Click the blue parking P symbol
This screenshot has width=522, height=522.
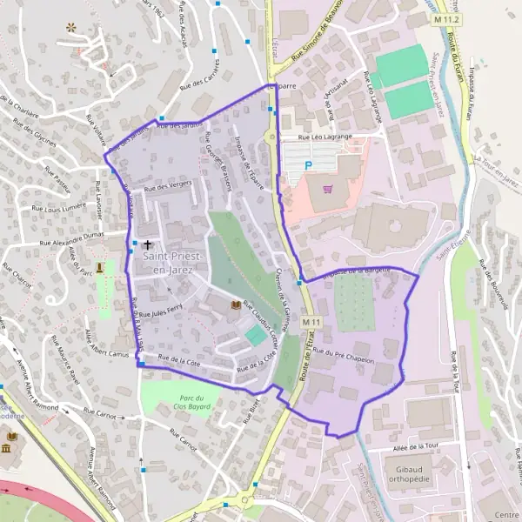306,164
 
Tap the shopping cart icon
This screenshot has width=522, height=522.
327,188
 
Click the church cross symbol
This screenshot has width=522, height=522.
147,246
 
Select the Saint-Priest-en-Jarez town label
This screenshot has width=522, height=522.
173,264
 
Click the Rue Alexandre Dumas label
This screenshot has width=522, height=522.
72,237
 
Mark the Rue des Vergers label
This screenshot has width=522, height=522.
168,186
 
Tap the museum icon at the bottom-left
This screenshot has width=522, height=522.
7,448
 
